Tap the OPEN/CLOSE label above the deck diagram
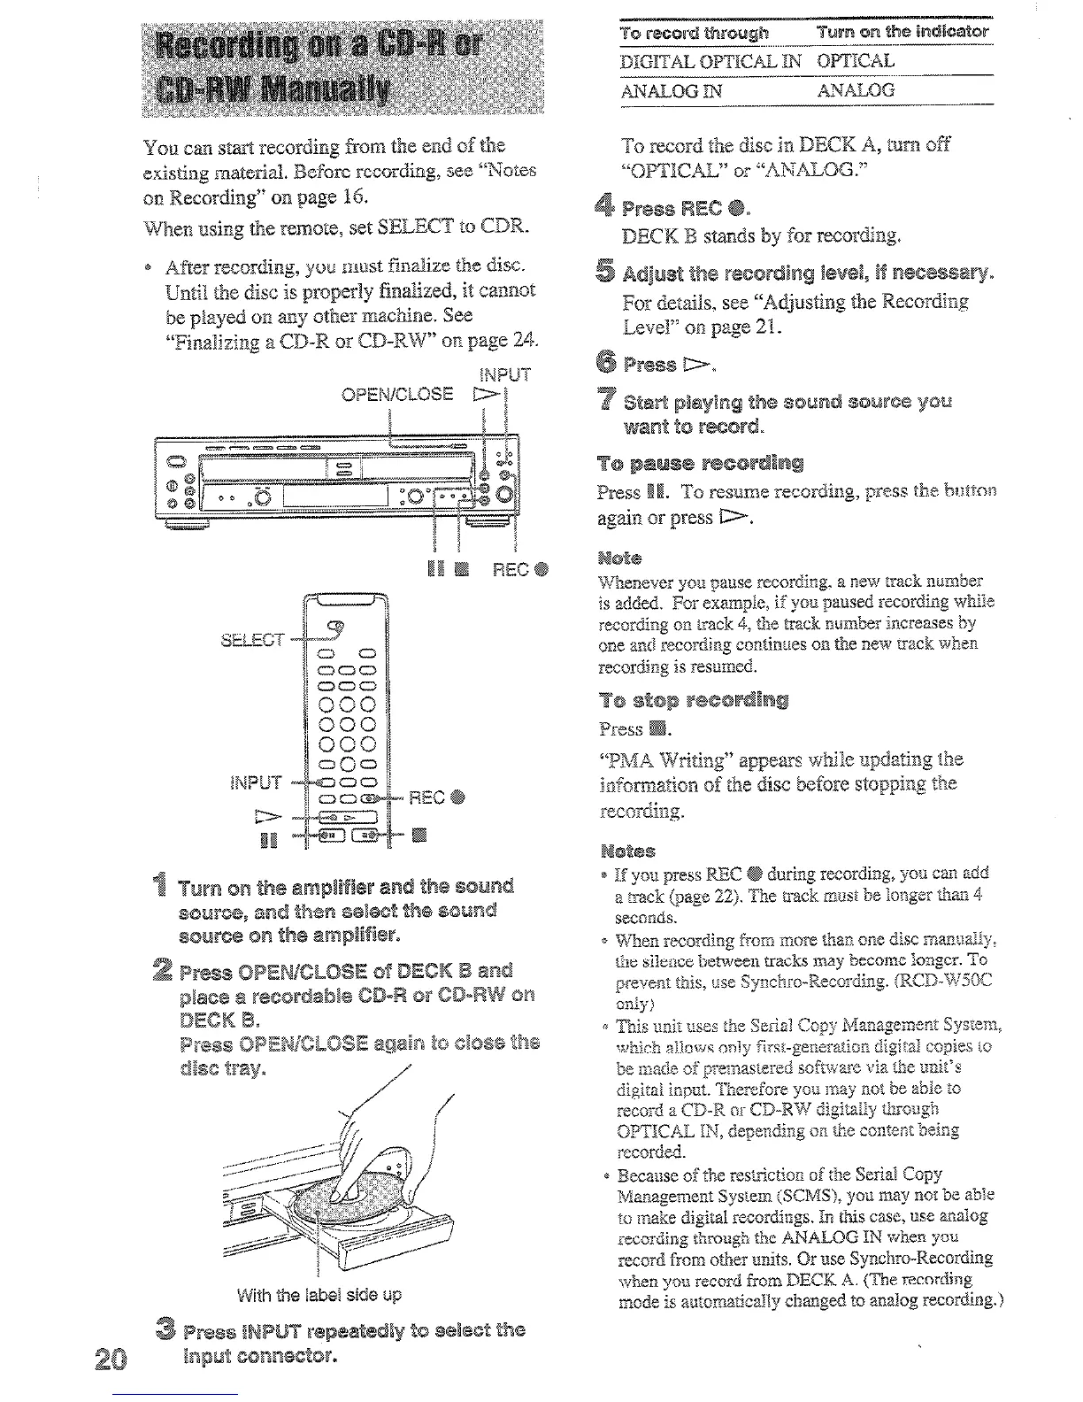point(397,393)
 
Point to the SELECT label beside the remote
point(253,639)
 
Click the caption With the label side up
point(319,1294)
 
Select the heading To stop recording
point(693,701)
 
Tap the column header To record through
point(695,33)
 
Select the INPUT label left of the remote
point(256,782)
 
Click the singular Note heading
point(619,558)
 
